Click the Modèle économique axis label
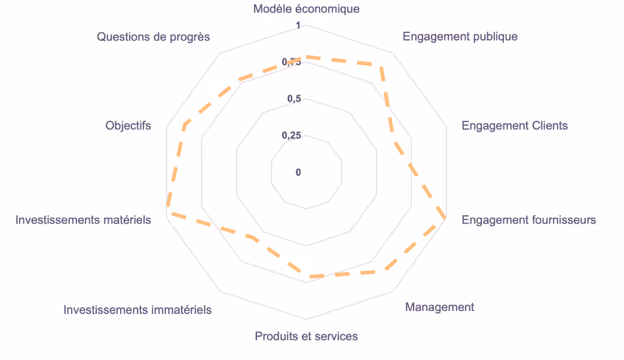pyautogui.click(x=306, y=9)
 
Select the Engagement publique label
pyautogui.click(x=460, y=36)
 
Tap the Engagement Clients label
pyautogui.click(x=515, y=126)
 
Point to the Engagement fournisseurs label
pyautogui.click(x=528, y=220)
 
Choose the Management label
pyautogui.click(x=439, y=307)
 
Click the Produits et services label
pyautogui.click(x=306, y=336)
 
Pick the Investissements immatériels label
pyautogui.click(x=137, y=310)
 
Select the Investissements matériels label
pyautogui.click(x=83, y=220)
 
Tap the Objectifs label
pyautogui.click(x=128, y=126)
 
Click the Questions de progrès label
pyautogui.click(x=154, y=37)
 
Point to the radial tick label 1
pyautogui.click(x=299, y=26)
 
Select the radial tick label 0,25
pyautogui.click(x=292, y=136)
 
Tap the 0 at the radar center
pyautogui.click(x=298, y=173)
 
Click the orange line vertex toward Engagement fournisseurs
pyautogui.click(x=445, y=218)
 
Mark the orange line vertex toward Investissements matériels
pyautogui.click(x=168, y=213)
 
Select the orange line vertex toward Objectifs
pyautogui.click(x=185, y=127)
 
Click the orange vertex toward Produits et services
pyautogui.click(x=307, y=277)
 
